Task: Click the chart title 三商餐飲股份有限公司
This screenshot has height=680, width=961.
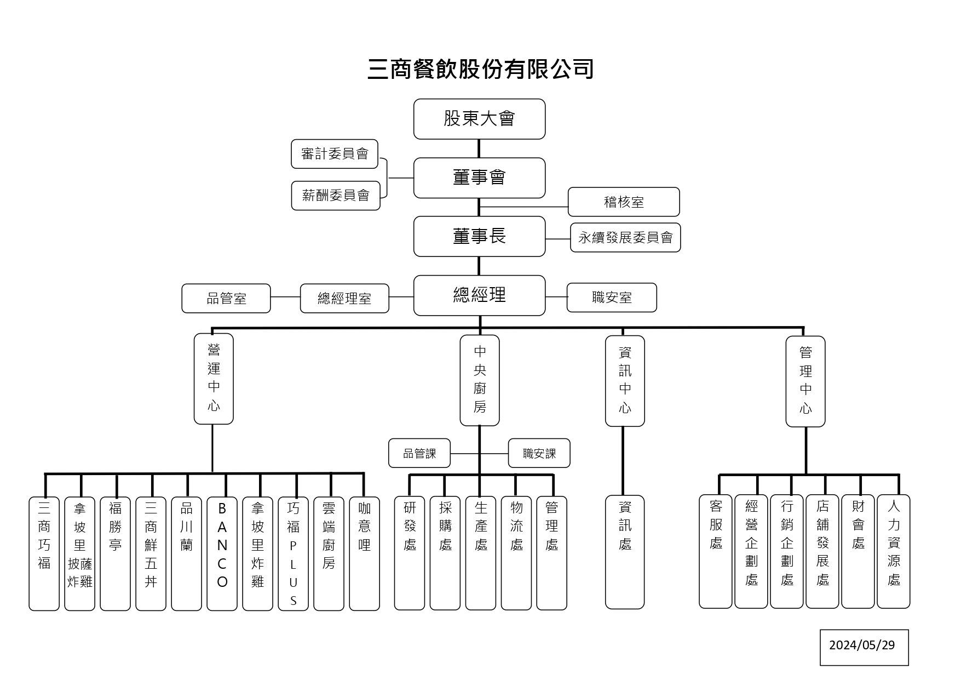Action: tap(480, 70)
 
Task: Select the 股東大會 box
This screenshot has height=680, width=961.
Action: tap(479, 119)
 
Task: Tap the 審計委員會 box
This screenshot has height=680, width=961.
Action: tap(335, 154)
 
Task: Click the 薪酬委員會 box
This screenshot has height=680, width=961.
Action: tap(336, 196)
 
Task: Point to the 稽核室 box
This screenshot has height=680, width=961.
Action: tap(624, 202)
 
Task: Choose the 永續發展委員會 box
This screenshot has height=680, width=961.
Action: tap(625, 238)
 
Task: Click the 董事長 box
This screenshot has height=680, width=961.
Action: tap(479, 237)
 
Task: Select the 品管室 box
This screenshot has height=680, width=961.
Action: tap(226, 299)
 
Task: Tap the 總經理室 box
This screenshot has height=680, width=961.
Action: tap(344, 299)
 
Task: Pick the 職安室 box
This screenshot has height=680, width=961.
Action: tap(612, 298)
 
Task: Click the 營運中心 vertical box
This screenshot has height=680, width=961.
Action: tap(214, 379)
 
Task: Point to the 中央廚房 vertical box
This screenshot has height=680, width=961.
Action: tap(480, 380)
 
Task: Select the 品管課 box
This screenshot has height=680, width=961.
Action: tap(419, 453)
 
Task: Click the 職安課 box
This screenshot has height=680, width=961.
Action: tap(539, 453)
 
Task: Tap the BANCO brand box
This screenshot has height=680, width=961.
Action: tap(222, 553)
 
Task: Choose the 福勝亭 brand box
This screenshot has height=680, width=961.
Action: tap(115, 553)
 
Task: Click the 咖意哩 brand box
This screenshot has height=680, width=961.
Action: tap(364, 553)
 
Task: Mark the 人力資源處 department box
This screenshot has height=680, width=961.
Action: tap(894, 552)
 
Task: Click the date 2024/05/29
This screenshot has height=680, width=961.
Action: tap(864, 645)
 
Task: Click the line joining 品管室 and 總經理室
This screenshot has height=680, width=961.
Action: tap(285, 297)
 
